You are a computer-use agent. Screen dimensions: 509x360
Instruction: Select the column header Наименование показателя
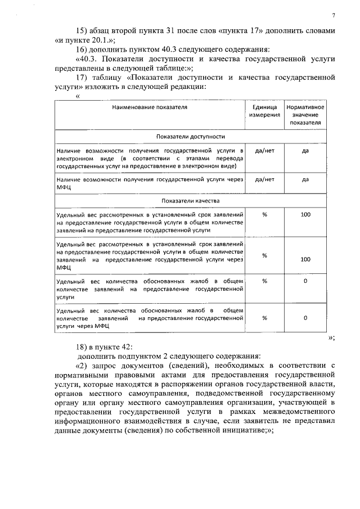pyautogui.click(x=149, y=106)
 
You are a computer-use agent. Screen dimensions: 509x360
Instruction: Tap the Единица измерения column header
pyautogui.click(x=264, y=110)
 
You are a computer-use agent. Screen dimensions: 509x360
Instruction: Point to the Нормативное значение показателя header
pyautogui.click(x=306, y=114)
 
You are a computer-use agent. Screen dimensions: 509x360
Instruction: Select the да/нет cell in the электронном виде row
pyautogui.click(x=264, y=151)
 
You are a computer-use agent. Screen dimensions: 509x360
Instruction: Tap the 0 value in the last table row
pyautogui.click(x=306, y=318)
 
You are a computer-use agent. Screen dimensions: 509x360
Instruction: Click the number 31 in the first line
pyautogui.click(x=177, y=30)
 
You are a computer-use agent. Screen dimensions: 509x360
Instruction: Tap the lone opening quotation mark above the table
pyautogui.click(x=78, y=96)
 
